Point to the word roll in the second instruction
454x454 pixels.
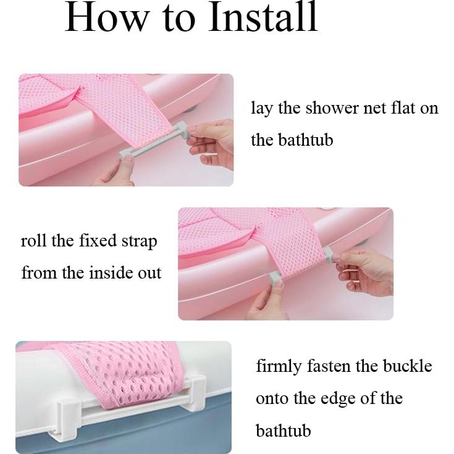coord(33,240)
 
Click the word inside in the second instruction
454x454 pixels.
coord(108,272)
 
